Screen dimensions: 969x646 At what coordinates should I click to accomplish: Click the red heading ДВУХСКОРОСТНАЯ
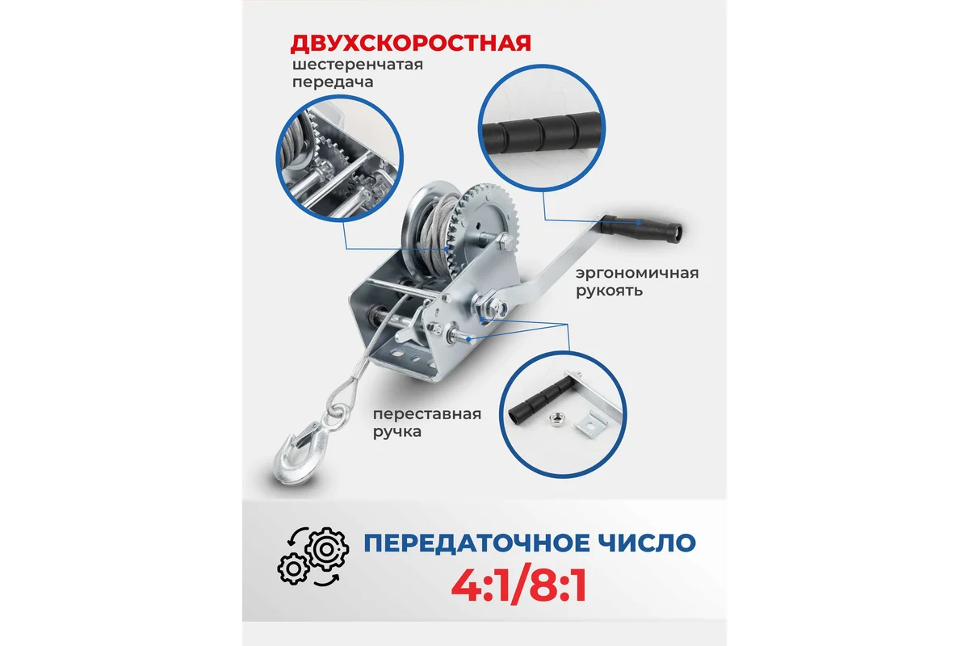click(410, 44)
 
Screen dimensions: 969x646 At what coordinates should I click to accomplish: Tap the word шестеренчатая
click(357, 65)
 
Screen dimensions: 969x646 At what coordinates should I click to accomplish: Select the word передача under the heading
click(333, 82)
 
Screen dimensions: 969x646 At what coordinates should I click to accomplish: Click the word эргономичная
click(637, 274)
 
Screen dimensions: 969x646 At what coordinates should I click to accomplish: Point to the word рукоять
click(609, 292)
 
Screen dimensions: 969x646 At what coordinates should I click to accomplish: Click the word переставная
click(427, 414)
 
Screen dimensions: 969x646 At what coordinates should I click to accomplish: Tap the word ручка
click(397, 432)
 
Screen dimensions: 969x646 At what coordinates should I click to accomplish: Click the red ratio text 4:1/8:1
click(519, 586)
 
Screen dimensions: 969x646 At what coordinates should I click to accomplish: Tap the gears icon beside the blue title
click(313, 556)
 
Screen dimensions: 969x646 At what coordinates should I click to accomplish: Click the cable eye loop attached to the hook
click(344, 401)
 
